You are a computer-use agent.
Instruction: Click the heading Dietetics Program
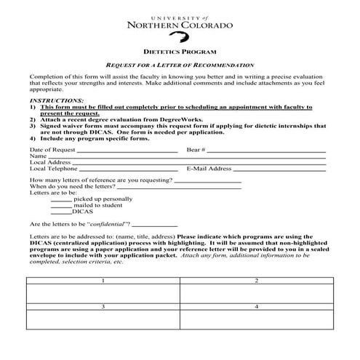180,52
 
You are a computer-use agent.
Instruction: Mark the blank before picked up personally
63,199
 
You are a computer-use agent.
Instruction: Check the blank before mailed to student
63,206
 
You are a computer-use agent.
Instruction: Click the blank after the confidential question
156,225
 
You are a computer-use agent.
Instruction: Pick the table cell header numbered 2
257,280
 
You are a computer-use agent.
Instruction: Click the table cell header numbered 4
257,308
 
